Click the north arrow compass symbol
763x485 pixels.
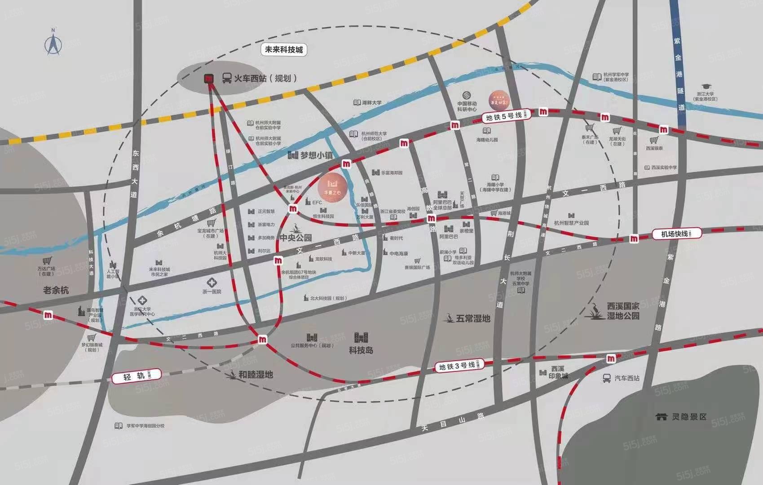(x=53, y=43)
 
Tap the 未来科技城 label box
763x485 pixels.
(x=284, y=49)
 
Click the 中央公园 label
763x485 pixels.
(x=295, y=237)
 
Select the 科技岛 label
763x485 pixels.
(x=361, y=350)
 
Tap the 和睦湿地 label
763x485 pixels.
(x=255, y=374)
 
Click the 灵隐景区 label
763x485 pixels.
(x=689, y=416)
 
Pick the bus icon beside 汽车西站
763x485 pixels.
(x=607, y=378)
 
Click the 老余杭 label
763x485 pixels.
(x=56, y=290)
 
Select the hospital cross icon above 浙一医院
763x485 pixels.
(x=212, y=283)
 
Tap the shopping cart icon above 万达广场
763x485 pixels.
(x=47, y=261)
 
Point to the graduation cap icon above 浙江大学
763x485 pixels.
(x=706, y=86)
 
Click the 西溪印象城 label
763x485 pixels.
(x=558, y=372)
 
